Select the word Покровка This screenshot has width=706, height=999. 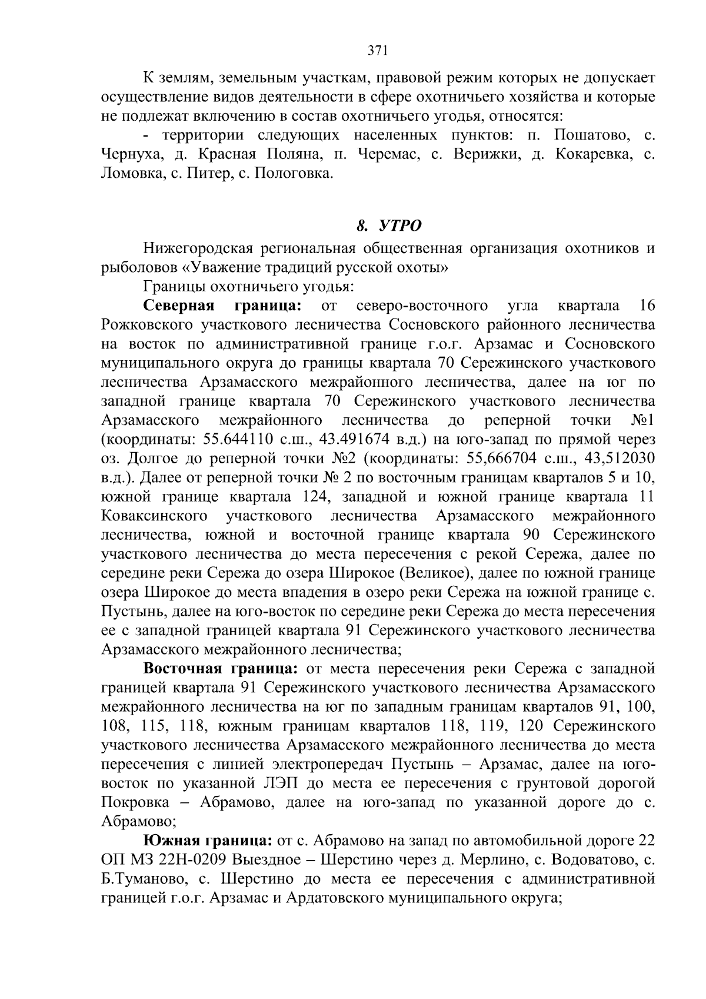pyautogui.click(x=135, y=802)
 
